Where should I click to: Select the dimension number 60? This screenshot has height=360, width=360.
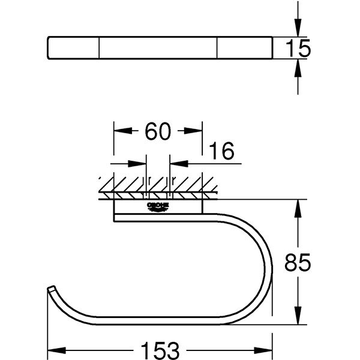pyautogui.click(x=158, y=131)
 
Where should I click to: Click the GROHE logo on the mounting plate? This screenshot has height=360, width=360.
pyautogui.click(x=158, y=207)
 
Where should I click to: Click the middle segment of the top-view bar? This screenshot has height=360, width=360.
pyautogui.click(x=158, y=49)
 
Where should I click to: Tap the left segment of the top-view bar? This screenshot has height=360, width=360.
pyautogui.click(x=73, y=49)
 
